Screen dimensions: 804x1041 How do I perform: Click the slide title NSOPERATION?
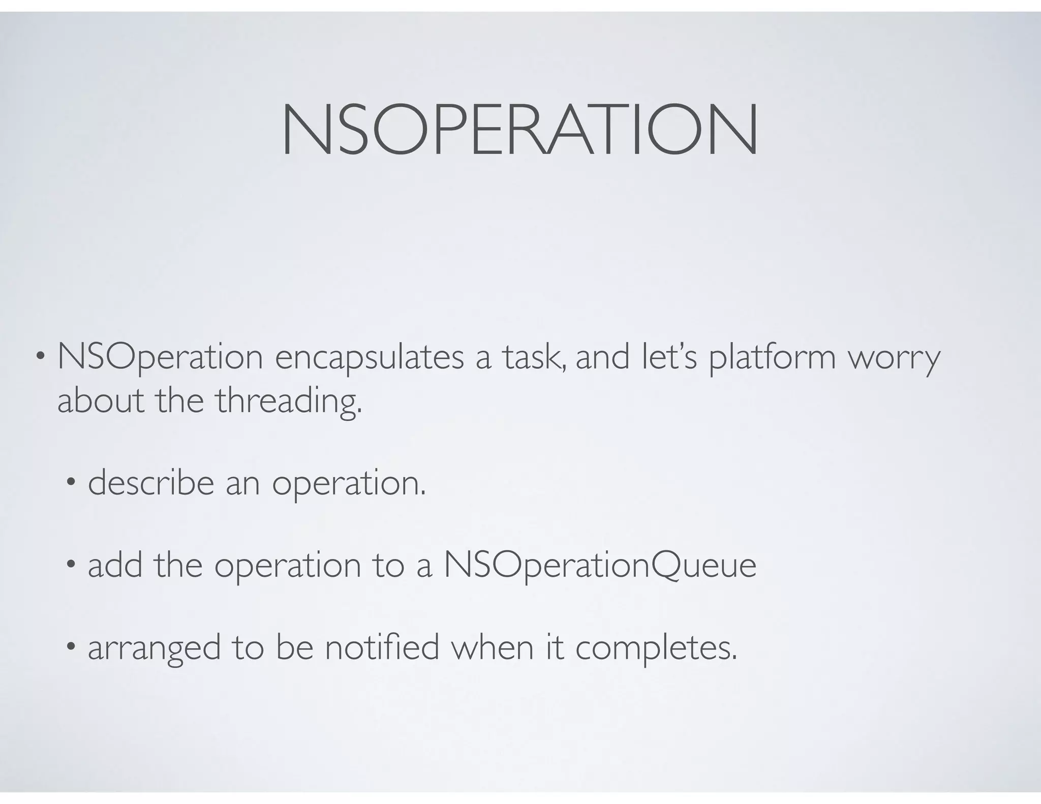pyautogui.click(x=520, y=130)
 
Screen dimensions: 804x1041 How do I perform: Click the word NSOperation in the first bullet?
pyautogui.click(x=160, y=357)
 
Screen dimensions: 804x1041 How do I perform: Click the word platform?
pyautogui.click(x=772, y=357)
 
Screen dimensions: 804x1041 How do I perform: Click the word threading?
pyautogui.click(x=288, y=401)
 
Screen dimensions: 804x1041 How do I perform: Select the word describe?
pyautogui.click(x=151, y=483)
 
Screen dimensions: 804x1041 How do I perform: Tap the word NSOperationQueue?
pyautogui.click(x=600, y=566)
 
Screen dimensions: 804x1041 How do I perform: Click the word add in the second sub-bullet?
pyautogui.click(x=115, y=565)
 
